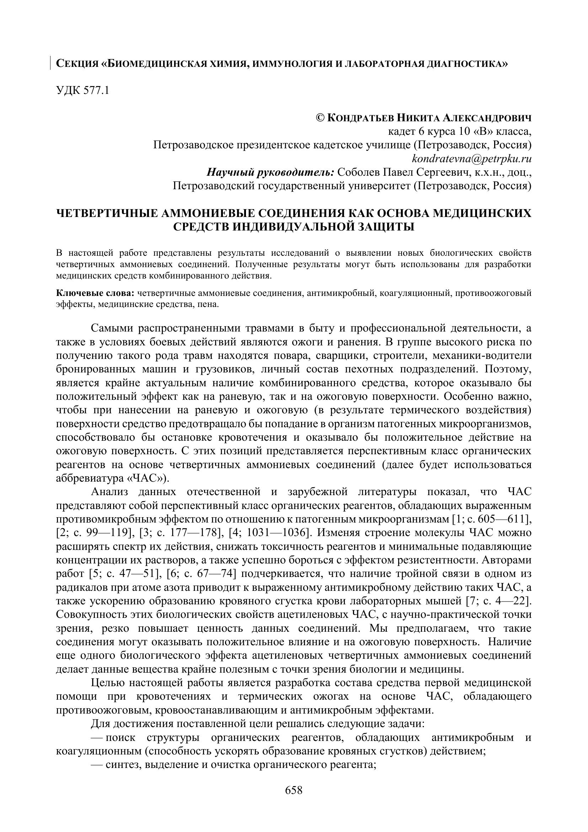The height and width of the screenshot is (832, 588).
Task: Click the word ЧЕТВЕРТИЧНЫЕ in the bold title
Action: (105, 213)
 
